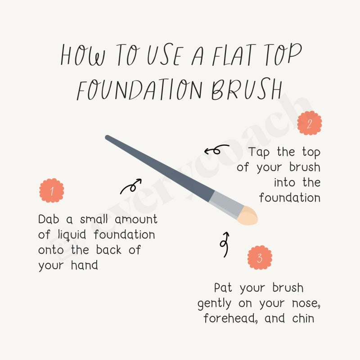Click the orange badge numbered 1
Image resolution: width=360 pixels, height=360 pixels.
[52, 190]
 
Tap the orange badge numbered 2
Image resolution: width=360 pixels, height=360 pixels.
[309, 123]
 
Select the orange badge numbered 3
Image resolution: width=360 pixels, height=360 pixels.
[260, 258]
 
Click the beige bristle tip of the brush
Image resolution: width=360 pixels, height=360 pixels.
[248, 216]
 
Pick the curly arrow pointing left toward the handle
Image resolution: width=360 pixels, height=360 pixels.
[216, 149]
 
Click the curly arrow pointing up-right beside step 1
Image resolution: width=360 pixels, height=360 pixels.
[131, 186]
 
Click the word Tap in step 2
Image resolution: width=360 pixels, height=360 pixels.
[258, 152]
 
